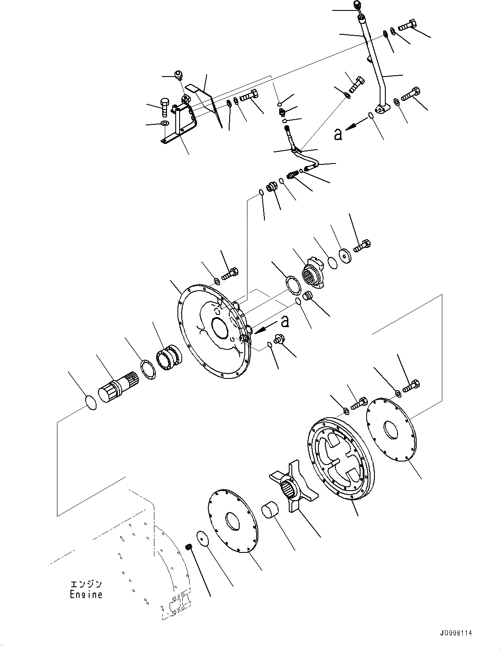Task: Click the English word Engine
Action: [86, 594]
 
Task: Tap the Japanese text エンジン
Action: [86, 584]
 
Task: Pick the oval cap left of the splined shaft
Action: [90, 402]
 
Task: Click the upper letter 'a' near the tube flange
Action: [338, 134]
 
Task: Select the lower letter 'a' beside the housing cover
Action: [285, 321]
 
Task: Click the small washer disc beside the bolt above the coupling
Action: [347, 256]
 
